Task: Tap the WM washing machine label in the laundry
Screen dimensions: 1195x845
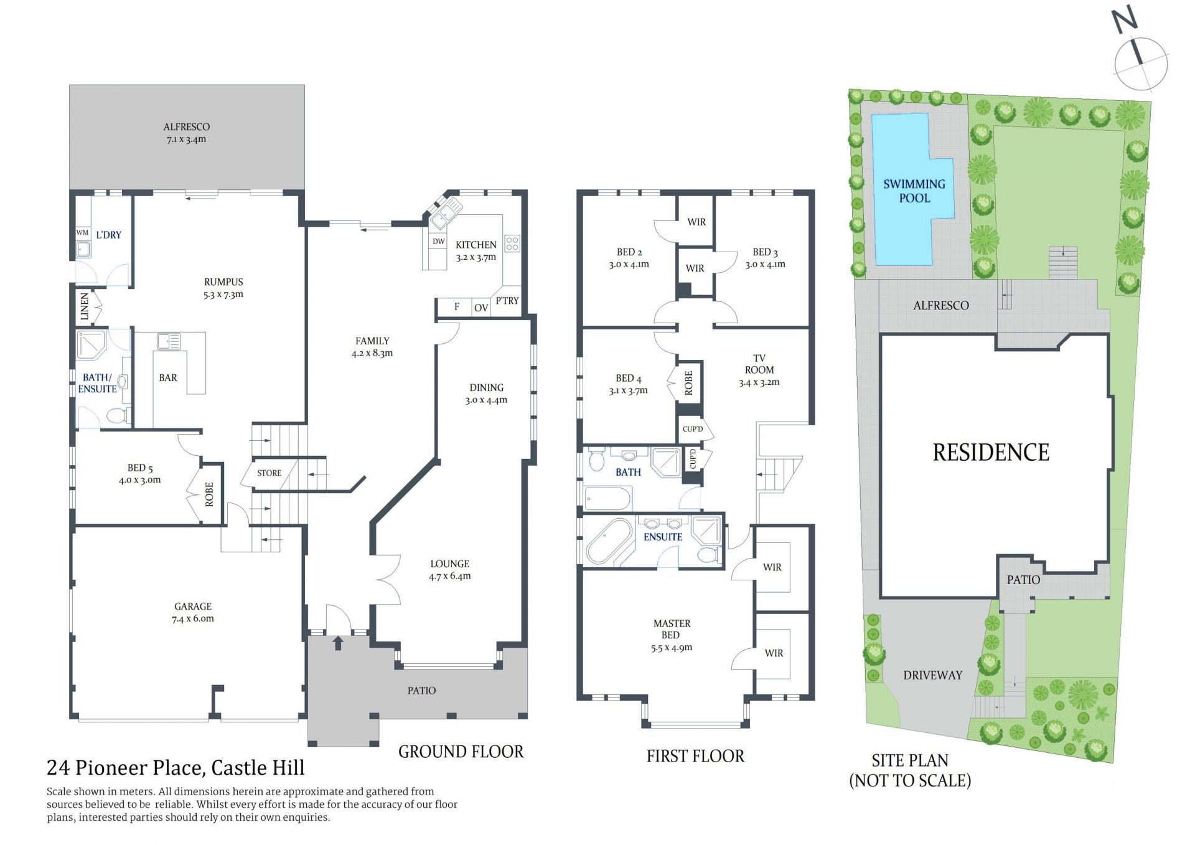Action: pos(82,232)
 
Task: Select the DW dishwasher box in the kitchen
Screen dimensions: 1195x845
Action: pos(438,242)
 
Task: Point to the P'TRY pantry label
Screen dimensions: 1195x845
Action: pos(507,300)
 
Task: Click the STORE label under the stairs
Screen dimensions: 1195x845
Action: pos(269,473)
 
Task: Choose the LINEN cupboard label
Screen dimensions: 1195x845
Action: pos(85,307)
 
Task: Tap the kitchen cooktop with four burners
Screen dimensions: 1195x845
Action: pos(512,243)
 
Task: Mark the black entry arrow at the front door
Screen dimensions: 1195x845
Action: pos(338,643)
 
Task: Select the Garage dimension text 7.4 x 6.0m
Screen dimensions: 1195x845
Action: pos(193,618)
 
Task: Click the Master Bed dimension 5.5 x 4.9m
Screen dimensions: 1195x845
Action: pos(672,648)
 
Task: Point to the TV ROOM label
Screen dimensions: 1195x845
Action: pos(759,364)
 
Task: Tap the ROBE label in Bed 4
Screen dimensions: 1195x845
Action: pos(688,382)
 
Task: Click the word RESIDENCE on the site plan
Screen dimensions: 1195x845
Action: pos(991,453)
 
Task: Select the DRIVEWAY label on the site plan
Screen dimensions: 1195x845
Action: pos(932,675)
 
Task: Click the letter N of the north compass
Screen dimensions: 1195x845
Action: pos(1125,20)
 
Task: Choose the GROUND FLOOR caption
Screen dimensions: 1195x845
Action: pos(461,752)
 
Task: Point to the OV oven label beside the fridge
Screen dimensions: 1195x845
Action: pos(481,308)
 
